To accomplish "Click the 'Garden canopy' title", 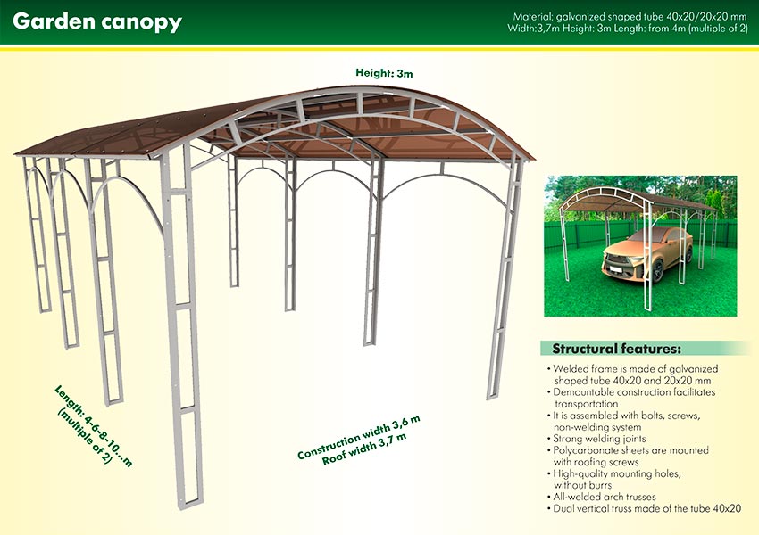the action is (97, 21).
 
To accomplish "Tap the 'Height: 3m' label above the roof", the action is (384, 73).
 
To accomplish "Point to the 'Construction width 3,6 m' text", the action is (359, 437).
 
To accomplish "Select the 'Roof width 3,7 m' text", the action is (364, 449).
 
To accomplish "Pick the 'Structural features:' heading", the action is (617, 349).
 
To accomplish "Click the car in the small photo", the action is (647, 254).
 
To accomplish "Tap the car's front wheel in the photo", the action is (657, 271).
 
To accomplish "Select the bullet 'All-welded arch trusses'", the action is (602, 497).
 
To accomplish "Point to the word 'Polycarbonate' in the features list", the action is (582, 450).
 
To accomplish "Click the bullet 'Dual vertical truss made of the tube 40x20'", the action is (644, 508).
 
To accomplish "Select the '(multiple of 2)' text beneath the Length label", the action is (85, 436).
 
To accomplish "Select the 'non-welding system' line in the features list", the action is (597, 427).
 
